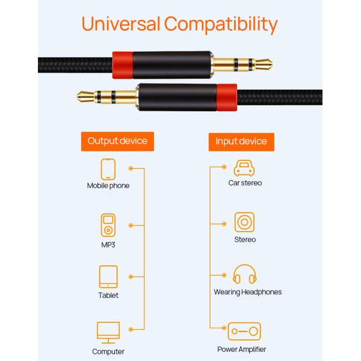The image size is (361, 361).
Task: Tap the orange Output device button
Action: coord(117,141)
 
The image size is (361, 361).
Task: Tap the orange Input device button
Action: coord(241,141)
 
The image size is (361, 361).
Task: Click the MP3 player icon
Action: coord(108,224)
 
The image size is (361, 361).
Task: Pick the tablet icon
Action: coord(108,277)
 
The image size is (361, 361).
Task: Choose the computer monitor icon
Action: coord(108,332)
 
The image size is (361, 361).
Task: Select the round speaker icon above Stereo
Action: coord(244,223)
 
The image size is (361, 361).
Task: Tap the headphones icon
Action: coord(244,275)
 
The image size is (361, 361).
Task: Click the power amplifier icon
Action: coord(244,331)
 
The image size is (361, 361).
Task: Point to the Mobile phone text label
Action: coord(108,185)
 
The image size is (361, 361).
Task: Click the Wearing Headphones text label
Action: coord(247,292)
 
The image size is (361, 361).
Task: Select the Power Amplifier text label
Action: coord(241,349)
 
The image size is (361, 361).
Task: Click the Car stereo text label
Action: coord(245,182)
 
